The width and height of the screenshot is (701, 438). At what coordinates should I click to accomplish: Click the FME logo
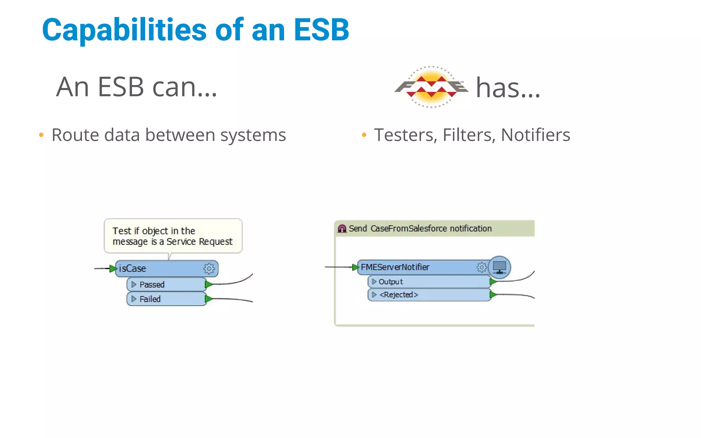point(431,87)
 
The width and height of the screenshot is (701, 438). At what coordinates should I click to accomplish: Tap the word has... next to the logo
point(508,88)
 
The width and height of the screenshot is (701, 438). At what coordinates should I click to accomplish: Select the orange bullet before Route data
point(41,135)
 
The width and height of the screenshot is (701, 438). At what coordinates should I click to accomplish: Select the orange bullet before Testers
point(364,135)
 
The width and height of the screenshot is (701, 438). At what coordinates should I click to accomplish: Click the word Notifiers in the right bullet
point(535,135)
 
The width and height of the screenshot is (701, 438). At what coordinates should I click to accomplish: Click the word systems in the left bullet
point(253,135)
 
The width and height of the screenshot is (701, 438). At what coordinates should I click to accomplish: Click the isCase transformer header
point(157,269)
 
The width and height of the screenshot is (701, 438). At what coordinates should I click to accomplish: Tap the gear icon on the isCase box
point(209,269)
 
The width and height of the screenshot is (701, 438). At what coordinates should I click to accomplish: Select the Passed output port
point(166,284)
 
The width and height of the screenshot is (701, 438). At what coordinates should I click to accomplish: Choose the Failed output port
point(166,299)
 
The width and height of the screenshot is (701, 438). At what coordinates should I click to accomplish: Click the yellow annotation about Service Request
point(173,236)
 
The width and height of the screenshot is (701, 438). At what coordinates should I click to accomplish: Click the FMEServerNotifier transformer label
point(395,267)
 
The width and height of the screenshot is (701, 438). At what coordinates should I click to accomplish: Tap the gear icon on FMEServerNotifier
point(482,267)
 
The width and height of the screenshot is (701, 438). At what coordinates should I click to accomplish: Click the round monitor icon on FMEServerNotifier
point(499,267)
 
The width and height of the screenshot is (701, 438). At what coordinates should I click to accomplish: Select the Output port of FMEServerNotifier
point(429,282)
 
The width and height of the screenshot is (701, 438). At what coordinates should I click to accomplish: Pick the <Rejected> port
point(429,295)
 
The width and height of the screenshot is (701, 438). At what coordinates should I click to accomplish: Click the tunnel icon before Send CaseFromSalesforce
point(342,229)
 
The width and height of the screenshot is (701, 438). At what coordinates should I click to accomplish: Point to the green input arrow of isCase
point(113,269)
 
